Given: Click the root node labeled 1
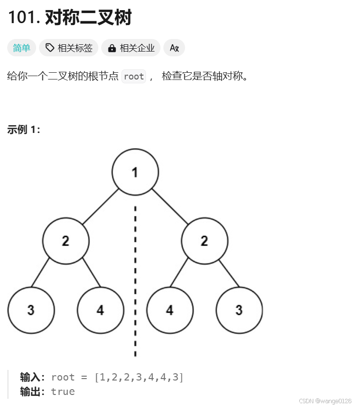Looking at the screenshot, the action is [x=135, y=172].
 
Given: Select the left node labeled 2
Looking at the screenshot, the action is [x=66, y=241].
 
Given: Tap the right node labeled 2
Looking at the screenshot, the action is [x=204, y=241].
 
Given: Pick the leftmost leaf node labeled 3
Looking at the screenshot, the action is [x=31, y=310].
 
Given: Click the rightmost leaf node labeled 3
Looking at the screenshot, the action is [x=239, y=310].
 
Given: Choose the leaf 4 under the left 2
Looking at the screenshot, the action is [x=100, y=310].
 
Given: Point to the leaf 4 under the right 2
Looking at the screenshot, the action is [x=170, y=310].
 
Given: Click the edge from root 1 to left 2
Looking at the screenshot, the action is [x=100, y=207].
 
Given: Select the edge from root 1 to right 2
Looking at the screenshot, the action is [x=170, y=207].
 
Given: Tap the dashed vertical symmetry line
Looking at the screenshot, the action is [x=135, y=279].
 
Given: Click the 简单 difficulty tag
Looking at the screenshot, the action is [x=21, y=48].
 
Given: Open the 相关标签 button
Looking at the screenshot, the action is [x=69, y=48].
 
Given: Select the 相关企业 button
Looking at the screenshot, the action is [x=131, y=48].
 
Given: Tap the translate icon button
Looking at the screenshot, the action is [x=174, y=48].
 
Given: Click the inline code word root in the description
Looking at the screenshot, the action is [x=133, y=76].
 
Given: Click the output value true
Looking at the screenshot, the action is [x=63, y=391].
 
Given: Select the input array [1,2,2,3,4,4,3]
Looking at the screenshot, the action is [x=139, y=377].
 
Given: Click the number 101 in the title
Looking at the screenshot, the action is [x=23, y=17].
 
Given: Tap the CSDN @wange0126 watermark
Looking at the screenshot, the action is [x=325, y=401].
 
